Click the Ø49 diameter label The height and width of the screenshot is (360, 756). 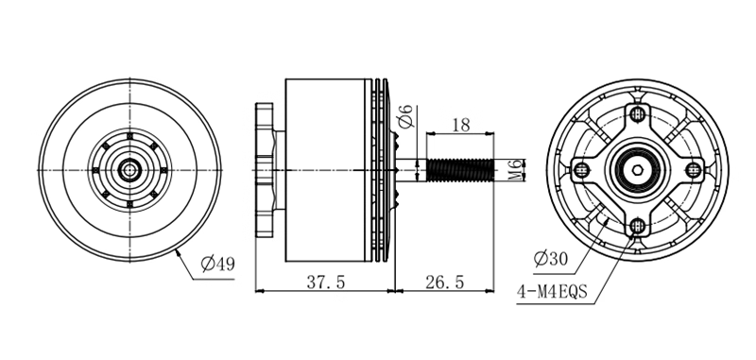[x=218, y=264]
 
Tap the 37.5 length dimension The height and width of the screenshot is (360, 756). [x=326, y=282]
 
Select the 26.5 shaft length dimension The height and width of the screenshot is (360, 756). [x=444, y=282]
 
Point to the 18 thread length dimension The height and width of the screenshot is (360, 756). [x=461, y=125]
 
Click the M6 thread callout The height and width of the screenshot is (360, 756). [x=515, y=170]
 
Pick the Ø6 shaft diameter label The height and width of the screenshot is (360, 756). [x=407, y=116]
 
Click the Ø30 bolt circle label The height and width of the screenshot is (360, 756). [x=551, y=259]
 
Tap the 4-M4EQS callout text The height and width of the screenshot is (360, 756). [x=552, y=292]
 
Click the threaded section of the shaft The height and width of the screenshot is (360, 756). [x=460, y=170]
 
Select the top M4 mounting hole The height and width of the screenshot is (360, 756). [x=638, y=113]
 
